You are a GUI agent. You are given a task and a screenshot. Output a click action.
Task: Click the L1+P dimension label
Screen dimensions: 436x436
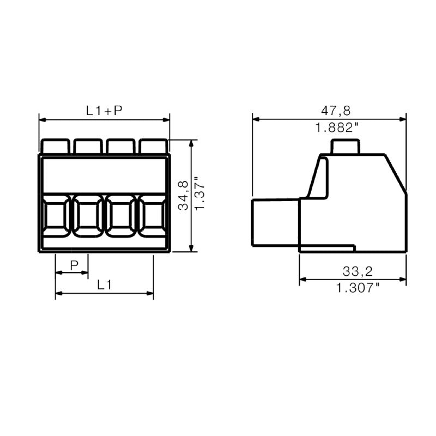click(104, 111)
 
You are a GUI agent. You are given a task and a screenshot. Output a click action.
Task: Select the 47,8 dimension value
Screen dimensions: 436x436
click(336, 111)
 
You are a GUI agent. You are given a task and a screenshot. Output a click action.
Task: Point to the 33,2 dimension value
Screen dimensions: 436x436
click(358, 271)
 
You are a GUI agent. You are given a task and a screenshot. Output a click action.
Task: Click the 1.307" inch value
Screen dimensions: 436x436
click(358, 288)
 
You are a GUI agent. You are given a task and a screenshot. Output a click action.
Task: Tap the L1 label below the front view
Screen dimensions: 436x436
click(105, 284)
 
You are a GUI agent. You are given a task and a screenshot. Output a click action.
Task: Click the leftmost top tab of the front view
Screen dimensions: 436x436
click(55, 146)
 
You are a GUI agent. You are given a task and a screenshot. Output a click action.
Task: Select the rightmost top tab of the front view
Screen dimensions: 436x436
click(153, 146)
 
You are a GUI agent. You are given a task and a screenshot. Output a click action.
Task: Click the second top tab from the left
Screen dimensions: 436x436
click(88, 146)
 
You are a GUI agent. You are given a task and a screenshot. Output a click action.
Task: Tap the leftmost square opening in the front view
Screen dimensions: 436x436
click(55, 216)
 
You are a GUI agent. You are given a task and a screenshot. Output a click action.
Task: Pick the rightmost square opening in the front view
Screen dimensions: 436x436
click(153, 216)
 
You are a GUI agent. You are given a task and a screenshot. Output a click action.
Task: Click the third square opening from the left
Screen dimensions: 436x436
click(120, 216)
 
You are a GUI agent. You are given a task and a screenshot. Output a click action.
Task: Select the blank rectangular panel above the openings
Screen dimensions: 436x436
click(104, 173)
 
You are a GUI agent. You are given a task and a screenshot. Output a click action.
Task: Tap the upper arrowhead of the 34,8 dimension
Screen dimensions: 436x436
click(191, 143)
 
